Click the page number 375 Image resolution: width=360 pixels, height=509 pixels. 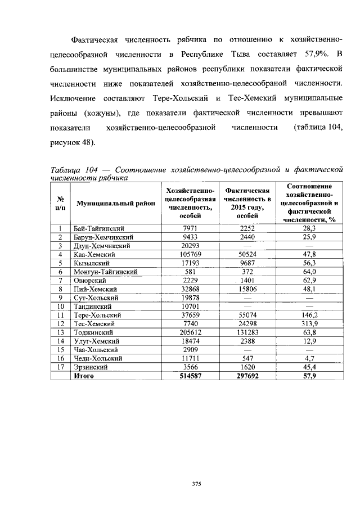pyautogui.click(x=196, y=483)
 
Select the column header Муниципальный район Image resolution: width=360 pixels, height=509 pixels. pyautogui.click(x=113, y=203)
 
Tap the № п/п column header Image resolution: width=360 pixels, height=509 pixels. pyautogui.click(x=60, y=203)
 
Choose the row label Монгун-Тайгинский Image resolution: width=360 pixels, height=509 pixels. pyautogui.click(x=105, y=272)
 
